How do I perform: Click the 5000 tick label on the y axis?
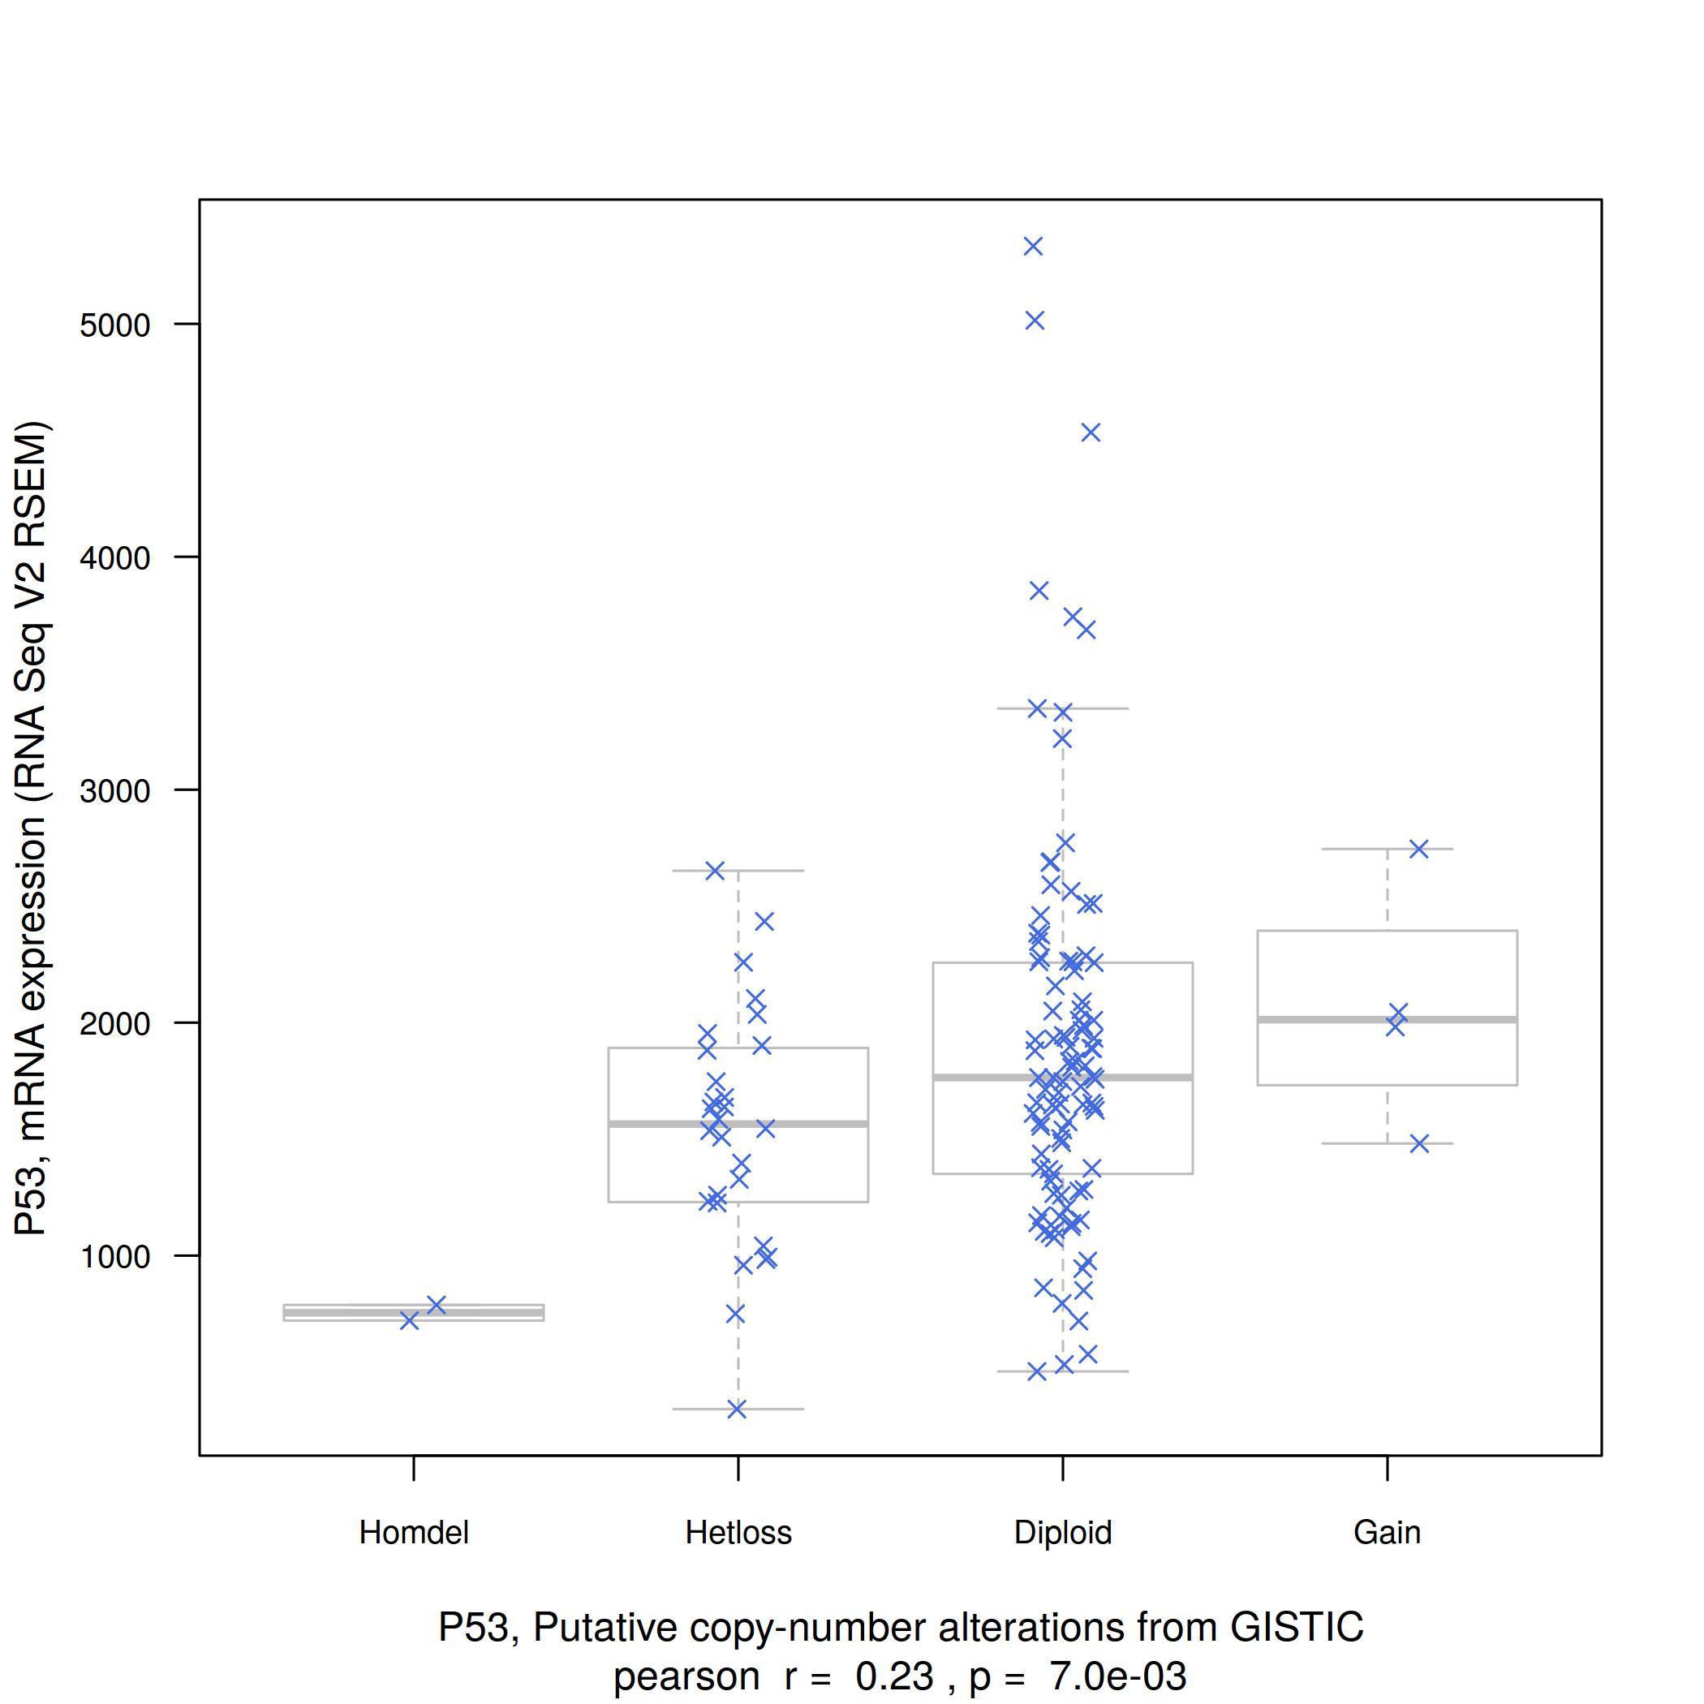[114, 325]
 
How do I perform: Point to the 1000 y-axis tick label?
[114, 1257]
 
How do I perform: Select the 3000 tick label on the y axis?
[114, 791]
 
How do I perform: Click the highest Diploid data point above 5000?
[1033, 246]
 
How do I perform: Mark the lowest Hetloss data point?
[737, 1409]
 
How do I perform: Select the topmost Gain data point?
[1418, 849]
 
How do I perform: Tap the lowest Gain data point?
[1419, 1144]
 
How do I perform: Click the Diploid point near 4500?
[1091, 432]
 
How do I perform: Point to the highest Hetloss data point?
[714, 871]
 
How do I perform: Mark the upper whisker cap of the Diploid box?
[1063, 708]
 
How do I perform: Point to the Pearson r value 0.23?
[893, 1676]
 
